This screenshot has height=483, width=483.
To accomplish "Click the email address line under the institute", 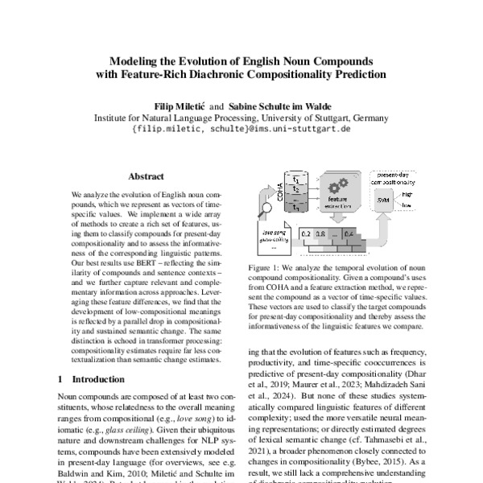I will pyautogui.click(x=241, y=129).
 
